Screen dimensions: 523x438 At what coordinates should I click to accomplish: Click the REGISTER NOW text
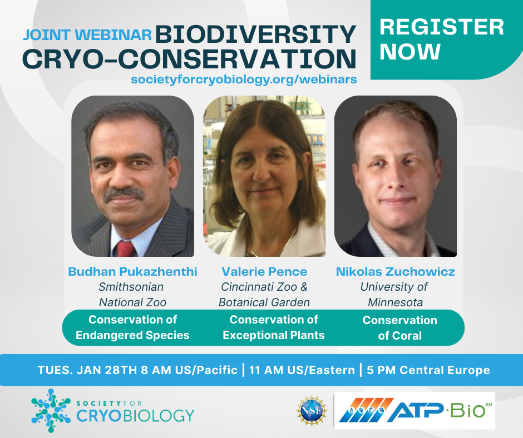(441, 39)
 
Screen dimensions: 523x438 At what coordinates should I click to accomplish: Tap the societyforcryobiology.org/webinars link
(244, 79)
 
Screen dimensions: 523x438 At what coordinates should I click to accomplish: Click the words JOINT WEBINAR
(87, 35)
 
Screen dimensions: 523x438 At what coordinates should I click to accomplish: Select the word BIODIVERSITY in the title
(255, 34)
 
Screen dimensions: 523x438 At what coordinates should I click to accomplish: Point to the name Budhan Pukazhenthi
(133, 272)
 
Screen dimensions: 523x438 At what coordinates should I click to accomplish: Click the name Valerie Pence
(264, 272)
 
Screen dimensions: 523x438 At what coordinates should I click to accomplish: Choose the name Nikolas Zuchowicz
(395, 272)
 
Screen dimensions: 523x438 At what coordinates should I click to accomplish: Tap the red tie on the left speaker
(126, 248)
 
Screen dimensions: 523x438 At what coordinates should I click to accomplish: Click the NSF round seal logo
(312, 411)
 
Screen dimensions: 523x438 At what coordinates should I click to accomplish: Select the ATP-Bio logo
(415, 410)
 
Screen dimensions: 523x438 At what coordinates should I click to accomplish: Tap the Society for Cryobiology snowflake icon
(51, 410)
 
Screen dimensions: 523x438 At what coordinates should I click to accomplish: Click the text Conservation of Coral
(400, 328)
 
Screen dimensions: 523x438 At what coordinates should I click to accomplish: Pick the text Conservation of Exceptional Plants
(274, 327)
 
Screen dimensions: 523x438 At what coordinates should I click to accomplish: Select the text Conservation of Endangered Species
(132, 327)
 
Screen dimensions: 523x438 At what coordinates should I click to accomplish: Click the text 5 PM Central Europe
(428, 370)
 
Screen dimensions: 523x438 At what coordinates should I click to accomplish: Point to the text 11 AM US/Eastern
(302, 370)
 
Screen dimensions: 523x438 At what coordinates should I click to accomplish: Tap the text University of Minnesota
(395, 295)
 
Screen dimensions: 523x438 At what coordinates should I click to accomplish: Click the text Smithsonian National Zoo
(132, 295)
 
